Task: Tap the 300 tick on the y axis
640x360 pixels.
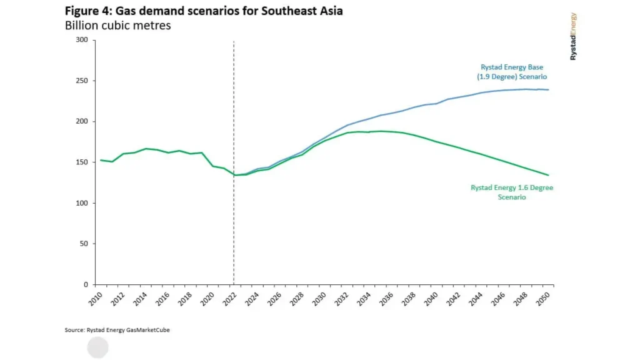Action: coord(82,40)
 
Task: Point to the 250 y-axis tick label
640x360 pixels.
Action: coord(82,81)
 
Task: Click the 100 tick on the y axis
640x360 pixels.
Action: coord(82,203)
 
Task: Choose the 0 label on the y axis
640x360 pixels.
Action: coord(86,284)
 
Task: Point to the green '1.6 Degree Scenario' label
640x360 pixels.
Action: coord(512,192)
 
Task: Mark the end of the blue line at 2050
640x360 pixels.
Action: coord(548,90)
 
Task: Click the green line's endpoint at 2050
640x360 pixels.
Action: coord(548,175)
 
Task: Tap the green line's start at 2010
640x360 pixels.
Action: coord(101,160)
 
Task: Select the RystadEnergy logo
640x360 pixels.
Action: coord(573,36)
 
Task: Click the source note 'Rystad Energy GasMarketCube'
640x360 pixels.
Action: coord(117,330)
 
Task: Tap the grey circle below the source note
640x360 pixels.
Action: coord(97,347)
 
